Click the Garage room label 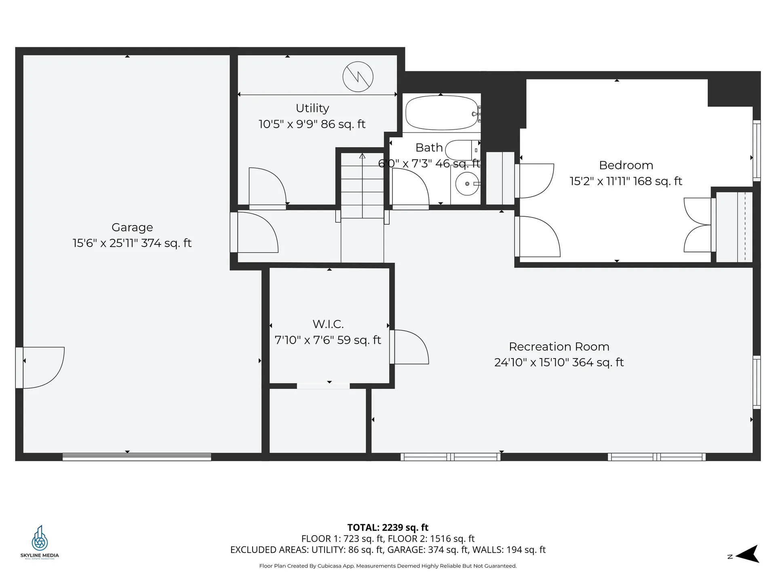(x=132, y=228)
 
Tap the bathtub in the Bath (x=442, y=113)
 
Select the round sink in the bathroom (x=467, y=184)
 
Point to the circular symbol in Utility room (x=358, y=77)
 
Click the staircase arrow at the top (x=363, y=156)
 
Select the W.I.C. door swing (x=410, y=347)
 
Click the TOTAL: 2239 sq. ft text (x=388, y=527)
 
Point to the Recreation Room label (x=559, y=347)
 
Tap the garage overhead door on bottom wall (x=137, y=457)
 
